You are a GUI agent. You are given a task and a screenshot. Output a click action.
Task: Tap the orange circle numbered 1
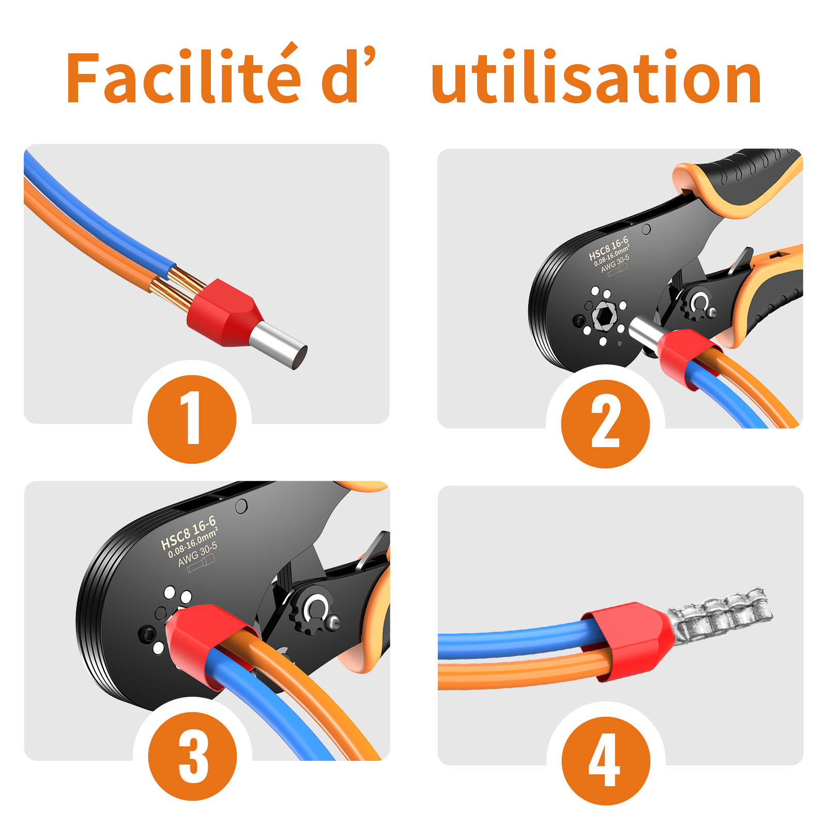192,419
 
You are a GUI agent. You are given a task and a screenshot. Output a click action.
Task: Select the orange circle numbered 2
605,424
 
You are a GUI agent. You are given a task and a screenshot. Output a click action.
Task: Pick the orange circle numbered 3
192,756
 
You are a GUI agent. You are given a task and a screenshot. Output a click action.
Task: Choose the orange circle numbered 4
606,760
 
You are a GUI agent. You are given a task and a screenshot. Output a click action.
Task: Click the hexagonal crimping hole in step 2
603,315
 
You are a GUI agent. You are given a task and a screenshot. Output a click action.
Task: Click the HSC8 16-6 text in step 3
188,532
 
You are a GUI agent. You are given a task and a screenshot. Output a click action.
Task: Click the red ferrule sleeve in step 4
628,641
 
